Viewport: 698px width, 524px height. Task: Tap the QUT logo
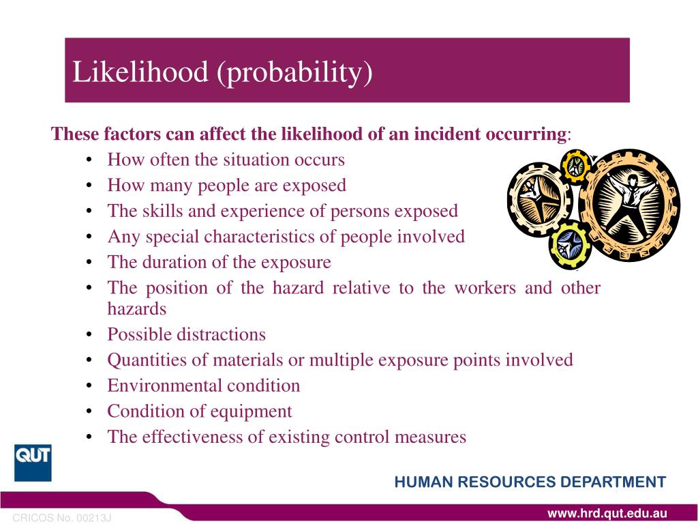point(33,463)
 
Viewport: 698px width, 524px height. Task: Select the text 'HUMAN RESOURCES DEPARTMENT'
point(530,482)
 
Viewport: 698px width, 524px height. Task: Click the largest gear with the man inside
point(629,204)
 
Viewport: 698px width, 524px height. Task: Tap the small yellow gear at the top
point(575,165)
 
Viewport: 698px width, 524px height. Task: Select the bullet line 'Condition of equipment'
point(200,411)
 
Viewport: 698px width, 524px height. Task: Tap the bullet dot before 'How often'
point(91,160)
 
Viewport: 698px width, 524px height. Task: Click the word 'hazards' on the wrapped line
point(137,308)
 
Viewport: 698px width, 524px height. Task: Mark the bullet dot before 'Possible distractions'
point(91,335)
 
